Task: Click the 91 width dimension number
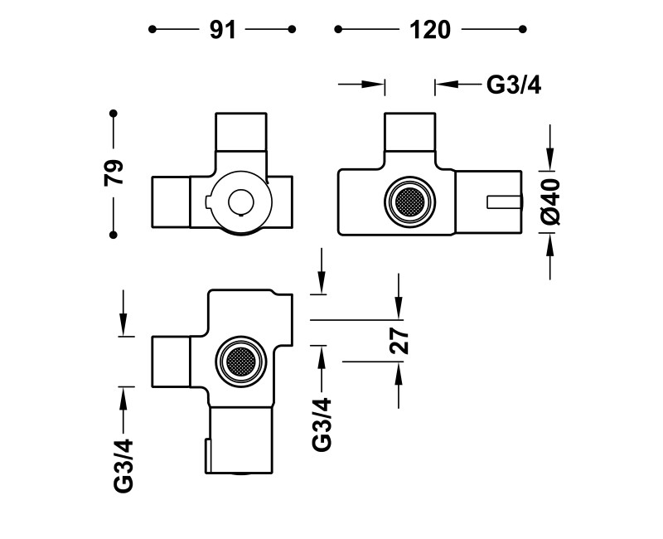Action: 222,30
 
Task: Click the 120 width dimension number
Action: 430,30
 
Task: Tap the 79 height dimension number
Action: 114,172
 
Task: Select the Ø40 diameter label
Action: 550,202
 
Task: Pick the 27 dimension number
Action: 399,341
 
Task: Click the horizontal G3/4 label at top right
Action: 514,85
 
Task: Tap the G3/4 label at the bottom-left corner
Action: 123,466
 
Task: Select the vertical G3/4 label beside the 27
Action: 322,425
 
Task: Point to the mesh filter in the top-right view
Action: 409,202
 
